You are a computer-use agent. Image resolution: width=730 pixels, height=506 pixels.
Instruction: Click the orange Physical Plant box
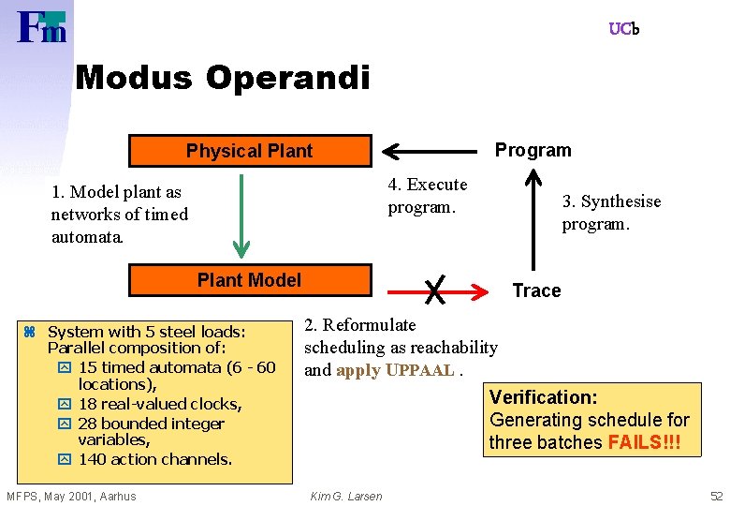tap(249, 151)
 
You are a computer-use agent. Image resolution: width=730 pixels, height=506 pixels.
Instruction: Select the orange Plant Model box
tap(249, 280)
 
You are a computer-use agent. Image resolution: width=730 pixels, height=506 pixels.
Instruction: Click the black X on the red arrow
tap(434, 290)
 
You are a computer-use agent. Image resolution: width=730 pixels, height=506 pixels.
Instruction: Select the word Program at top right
tap(533, 151)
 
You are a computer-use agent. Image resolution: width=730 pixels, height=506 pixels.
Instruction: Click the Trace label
tap(536, 290)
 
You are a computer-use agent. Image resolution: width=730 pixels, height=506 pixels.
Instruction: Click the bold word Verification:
tap(544, 397)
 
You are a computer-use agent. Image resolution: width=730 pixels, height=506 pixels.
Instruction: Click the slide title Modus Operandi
tap(223, 77)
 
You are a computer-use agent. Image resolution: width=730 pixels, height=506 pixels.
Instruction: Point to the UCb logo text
tap(623, 29)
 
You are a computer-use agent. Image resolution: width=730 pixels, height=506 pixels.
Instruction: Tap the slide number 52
tap(716, 496)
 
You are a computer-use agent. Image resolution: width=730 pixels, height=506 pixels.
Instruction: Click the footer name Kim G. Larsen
tap(345, 496)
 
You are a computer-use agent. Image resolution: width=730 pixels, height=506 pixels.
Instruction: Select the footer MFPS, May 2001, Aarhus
tap(71, 496)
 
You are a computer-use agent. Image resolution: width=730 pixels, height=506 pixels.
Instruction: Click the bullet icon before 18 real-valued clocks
tap(64, 405)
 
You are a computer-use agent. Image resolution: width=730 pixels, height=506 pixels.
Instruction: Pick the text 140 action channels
tap(155, 459)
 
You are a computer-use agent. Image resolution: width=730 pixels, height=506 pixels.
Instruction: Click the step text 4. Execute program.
tap(428, 195)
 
